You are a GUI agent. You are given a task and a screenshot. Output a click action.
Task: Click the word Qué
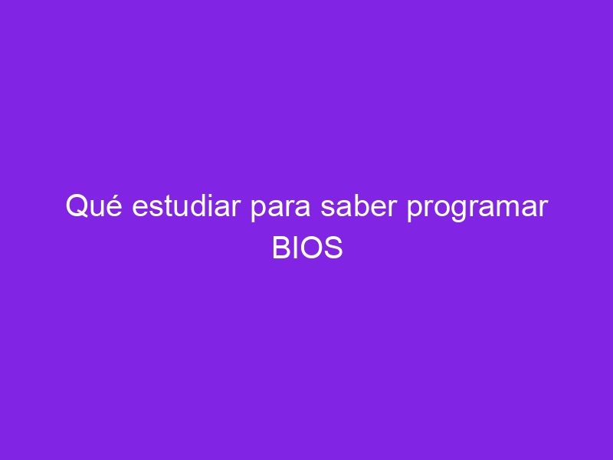coord(93,205)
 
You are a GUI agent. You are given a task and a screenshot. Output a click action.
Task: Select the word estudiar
coord(186,205)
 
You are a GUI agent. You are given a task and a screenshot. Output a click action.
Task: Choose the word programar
coord(477,208)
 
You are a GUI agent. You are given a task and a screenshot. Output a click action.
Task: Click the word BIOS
coord(307,248)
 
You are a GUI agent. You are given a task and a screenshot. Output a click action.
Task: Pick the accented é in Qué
coord(113,205)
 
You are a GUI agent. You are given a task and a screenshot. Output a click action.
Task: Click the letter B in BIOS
coord(281,248)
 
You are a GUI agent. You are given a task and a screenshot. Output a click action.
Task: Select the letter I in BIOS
coord(296,248)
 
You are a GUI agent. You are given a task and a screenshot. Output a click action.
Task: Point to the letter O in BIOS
coord(312,248)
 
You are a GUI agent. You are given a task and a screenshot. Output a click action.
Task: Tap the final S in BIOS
coord(333,248)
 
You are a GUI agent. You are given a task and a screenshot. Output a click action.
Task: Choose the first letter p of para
coord(259,210)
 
